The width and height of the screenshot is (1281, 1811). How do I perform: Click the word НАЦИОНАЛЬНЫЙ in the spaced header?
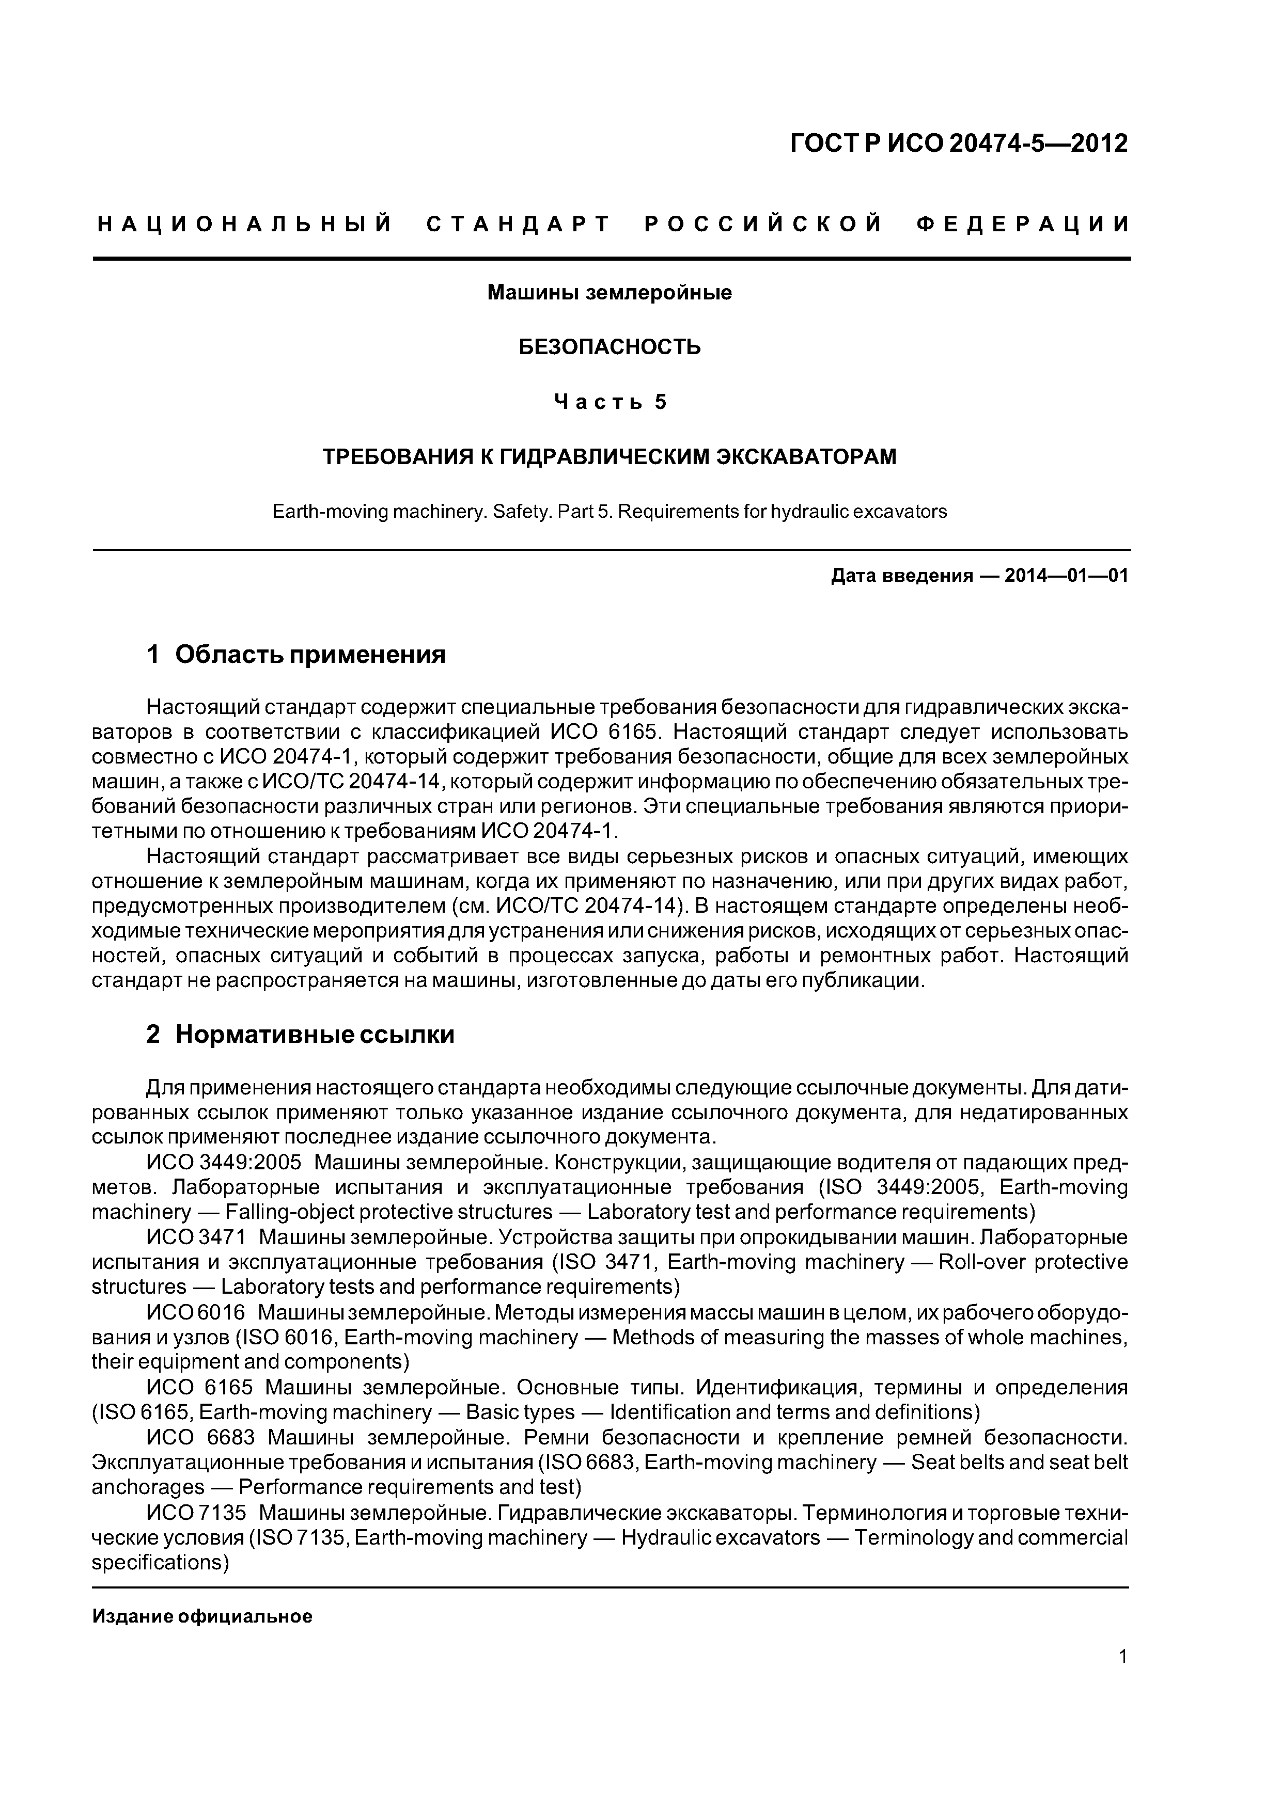tap(245, 225)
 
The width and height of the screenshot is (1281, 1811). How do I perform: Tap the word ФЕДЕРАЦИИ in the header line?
tap(1023, 225)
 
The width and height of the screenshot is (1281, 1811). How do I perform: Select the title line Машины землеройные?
tap(610, 293)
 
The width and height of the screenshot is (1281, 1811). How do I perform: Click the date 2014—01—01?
tap(1066, 576)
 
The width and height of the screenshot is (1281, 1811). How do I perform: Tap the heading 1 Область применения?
tap(296, 654)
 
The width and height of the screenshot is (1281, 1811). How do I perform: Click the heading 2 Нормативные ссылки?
tap(300, 1034)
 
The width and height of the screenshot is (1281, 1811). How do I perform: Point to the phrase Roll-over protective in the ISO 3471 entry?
tap(1031, 1262)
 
